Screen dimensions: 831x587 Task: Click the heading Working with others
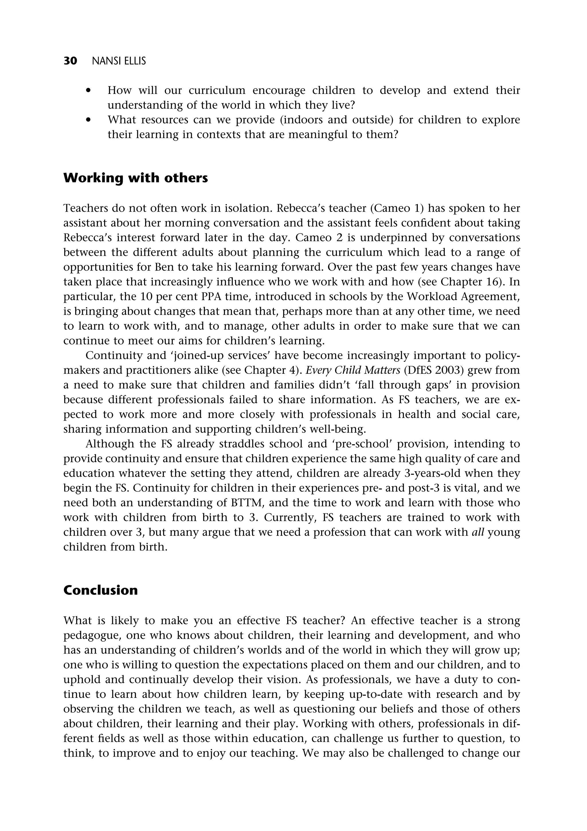click(136, 178)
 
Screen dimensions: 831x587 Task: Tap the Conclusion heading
click(100, 590)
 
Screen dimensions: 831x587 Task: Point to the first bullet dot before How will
click(88, 91)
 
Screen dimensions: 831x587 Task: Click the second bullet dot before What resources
click(88, 120)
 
